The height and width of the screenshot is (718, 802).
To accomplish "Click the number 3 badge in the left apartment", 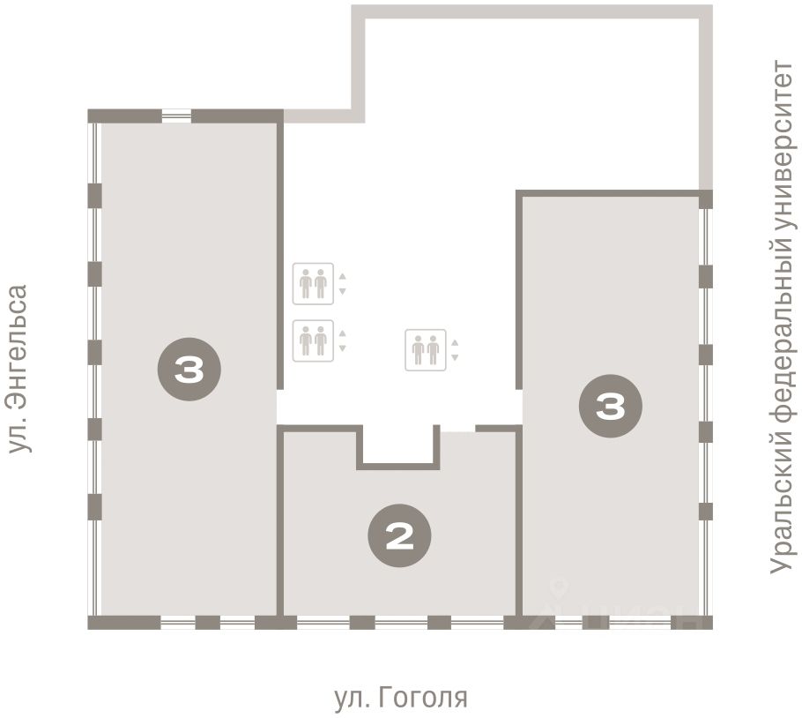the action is [x=189, y=369].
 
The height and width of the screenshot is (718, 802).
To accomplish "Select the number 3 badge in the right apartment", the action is [x=610, y=406].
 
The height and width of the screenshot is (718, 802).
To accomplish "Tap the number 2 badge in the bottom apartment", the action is [x=399, y=535].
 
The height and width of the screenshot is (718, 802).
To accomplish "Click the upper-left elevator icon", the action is [x=313, y=283].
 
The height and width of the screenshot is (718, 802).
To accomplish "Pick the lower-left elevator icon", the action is [x=313, y=340].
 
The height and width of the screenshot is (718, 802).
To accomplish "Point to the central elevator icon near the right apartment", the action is [x=426, y=350].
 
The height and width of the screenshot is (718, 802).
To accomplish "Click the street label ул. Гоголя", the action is [x=402, y=698].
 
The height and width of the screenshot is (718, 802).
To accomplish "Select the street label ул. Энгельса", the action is [x=19, y=369].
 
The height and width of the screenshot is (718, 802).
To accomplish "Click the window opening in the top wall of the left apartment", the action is [x=176, y=116].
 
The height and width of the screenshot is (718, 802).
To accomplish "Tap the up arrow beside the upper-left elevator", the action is [x=342, y=276].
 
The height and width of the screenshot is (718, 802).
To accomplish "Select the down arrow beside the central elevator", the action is [x=455, y=358].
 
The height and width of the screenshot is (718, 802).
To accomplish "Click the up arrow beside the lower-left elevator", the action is [x=342, y=333].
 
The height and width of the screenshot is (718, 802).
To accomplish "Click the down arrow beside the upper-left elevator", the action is [x=342, y=291].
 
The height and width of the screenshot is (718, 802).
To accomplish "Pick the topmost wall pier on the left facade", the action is [x=94, y=196].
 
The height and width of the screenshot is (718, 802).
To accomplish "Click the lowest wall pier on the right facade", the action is [x=706, y=512].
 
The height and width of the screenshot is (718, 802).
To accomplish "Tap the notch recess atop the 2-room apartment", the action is [x=398, y=444].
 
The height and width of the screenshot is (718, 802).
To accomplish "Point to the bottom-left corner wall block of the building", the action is [x=124, y=623].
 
